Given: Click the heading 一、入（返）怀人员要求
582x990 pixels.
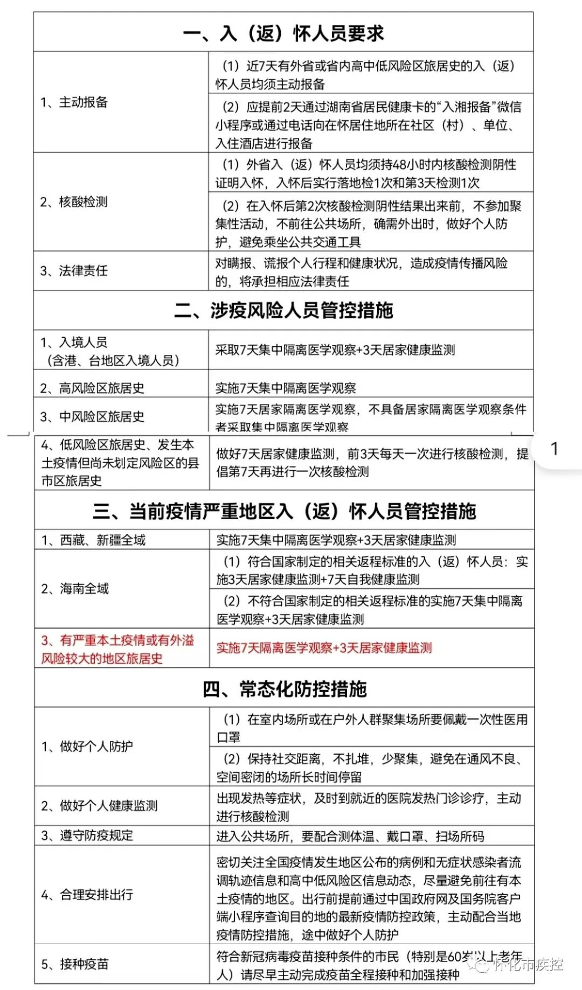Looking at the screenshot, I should coord(283,33).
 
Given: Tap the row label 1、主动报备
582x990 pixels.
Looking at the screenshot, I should coord(74,102).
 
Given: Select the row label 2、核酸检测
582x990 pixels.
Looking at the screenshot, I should coord(74,202).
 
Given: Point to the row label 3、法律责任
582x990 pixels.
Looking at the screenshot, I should coord(74,271).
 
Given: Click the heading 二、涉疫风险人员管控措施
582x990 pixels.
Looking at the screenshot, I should coord(283,311).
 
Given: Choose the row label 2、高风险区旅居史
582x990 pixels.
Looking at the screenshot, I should coord(92,388).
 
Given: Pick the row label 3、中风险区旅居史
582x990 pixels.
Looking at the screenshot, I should coord(92,416).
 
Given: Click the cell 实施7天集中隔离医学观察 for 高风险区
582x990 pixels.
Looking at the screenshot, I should coord(286,388).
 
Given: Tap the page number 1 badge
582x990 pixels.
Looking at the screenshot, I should coord(554,449).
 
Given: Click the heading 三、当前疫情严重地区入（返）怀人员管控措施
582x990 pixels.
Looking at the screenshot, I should coord(284,511).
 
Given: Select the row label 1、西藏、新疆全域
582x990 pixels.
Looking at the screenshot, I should coord(93,540).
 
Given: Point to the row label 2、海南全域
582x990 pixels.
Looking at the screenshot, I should coord(75,589).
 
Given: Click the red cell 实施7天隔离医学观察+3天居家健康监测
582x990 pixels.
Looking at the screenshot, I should coord(324,648).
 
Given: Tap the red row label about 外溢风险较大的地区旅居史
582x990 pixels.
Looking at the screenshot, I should coord(117,649).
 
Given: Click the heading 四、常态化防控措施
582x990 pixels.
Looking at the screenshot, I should coord(285,689).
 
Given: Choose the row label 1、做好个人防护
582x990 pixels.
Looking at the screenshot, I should coord(87,747).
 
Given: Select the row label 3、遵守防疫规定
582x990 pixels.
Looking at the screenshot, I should coord(87,835).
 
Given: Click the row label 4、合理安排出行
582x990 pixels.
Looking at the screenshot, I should coord(87,895).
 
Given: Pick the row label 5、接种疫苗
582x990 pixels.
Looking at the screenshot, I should coord(75,964).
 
